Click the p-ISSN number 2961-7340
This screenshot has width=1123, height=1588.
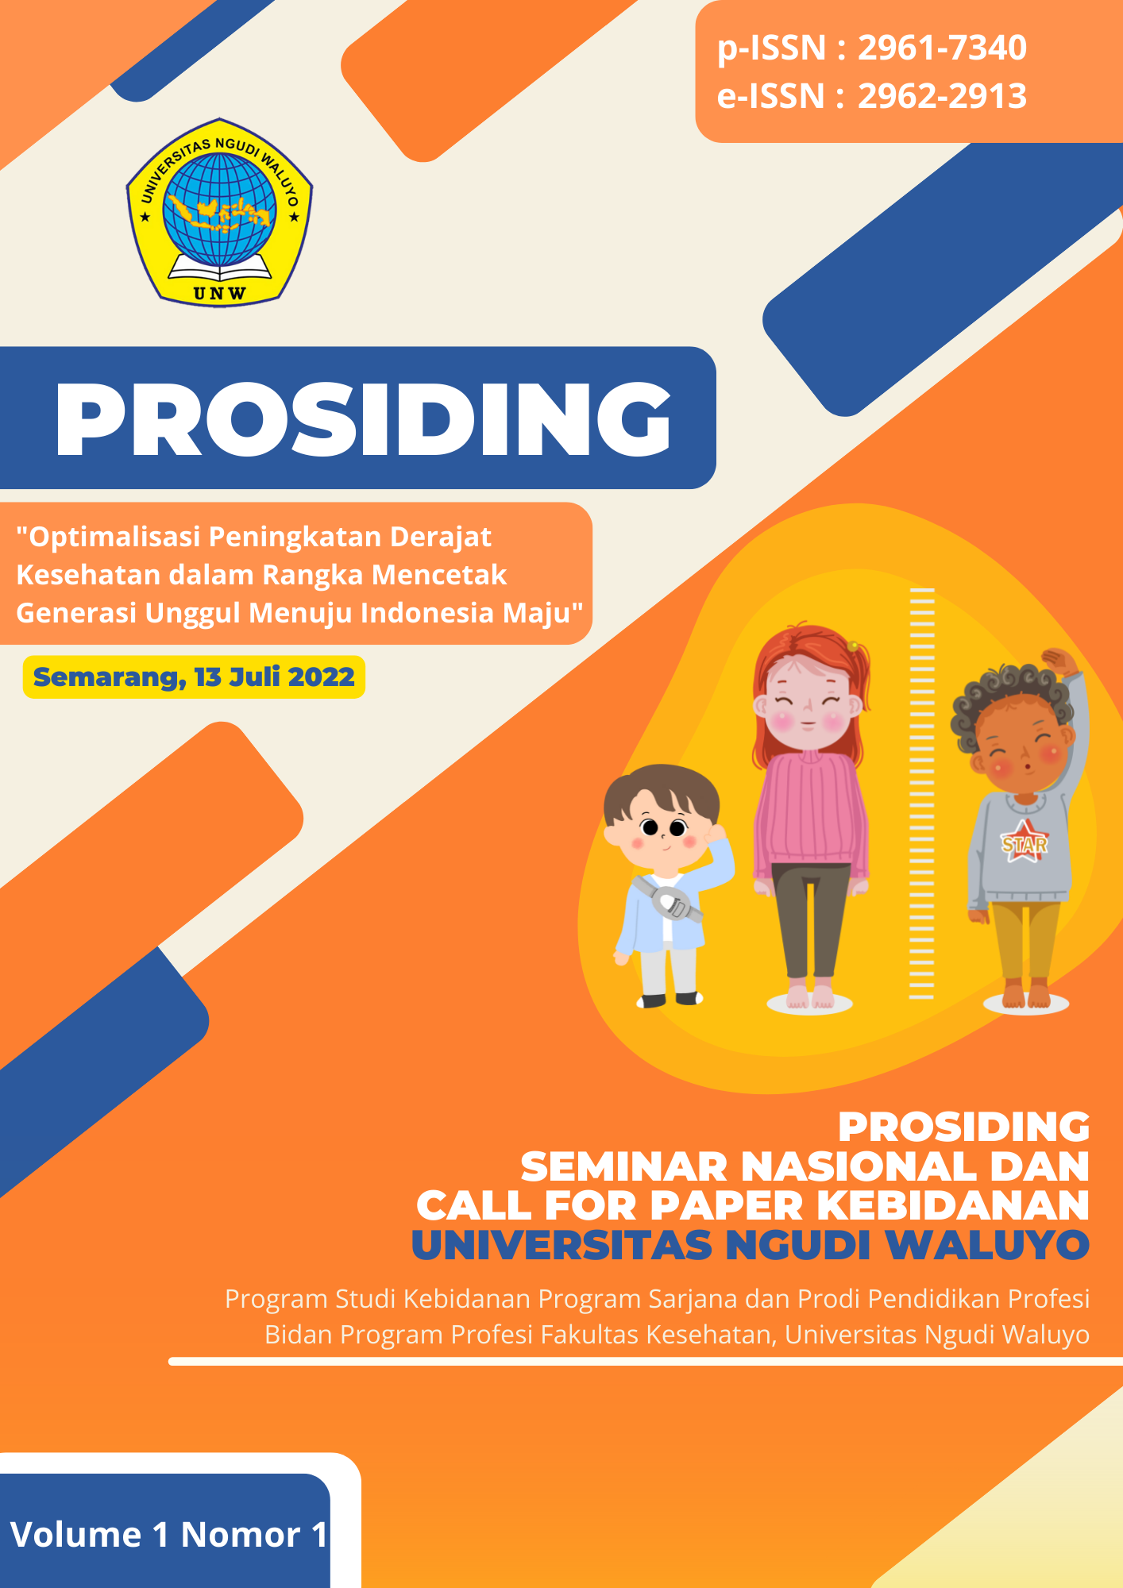click(x=942, y=48)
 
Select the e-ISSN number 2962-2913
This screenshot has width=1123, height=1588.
click(x=942, y=96)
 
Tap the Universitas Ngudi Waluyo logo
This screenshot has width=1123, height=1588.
click(x=219, y=212)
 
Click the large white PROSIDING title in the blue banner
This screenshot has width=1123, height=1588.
click(x=363, y=418)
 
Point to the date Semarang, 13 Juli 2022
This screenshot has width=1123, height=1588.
click(x=194, y=677)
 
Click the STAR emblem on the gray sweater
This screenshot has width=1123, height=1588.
click(x=1025, y=844)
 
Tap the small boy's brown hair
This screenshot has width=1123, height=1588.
click(x=659, y=786)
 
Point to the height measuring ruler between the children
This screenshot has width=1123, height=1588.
click(x=921, y=794)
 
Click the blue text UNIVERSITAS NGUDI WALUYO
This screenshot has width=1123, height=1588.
click(x=750, y=1245)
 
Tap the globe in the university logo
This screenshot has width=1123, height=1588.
click(x=219, y=208)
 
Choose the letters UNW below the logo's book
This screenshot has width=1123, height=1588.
click(x=219, y=293)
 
